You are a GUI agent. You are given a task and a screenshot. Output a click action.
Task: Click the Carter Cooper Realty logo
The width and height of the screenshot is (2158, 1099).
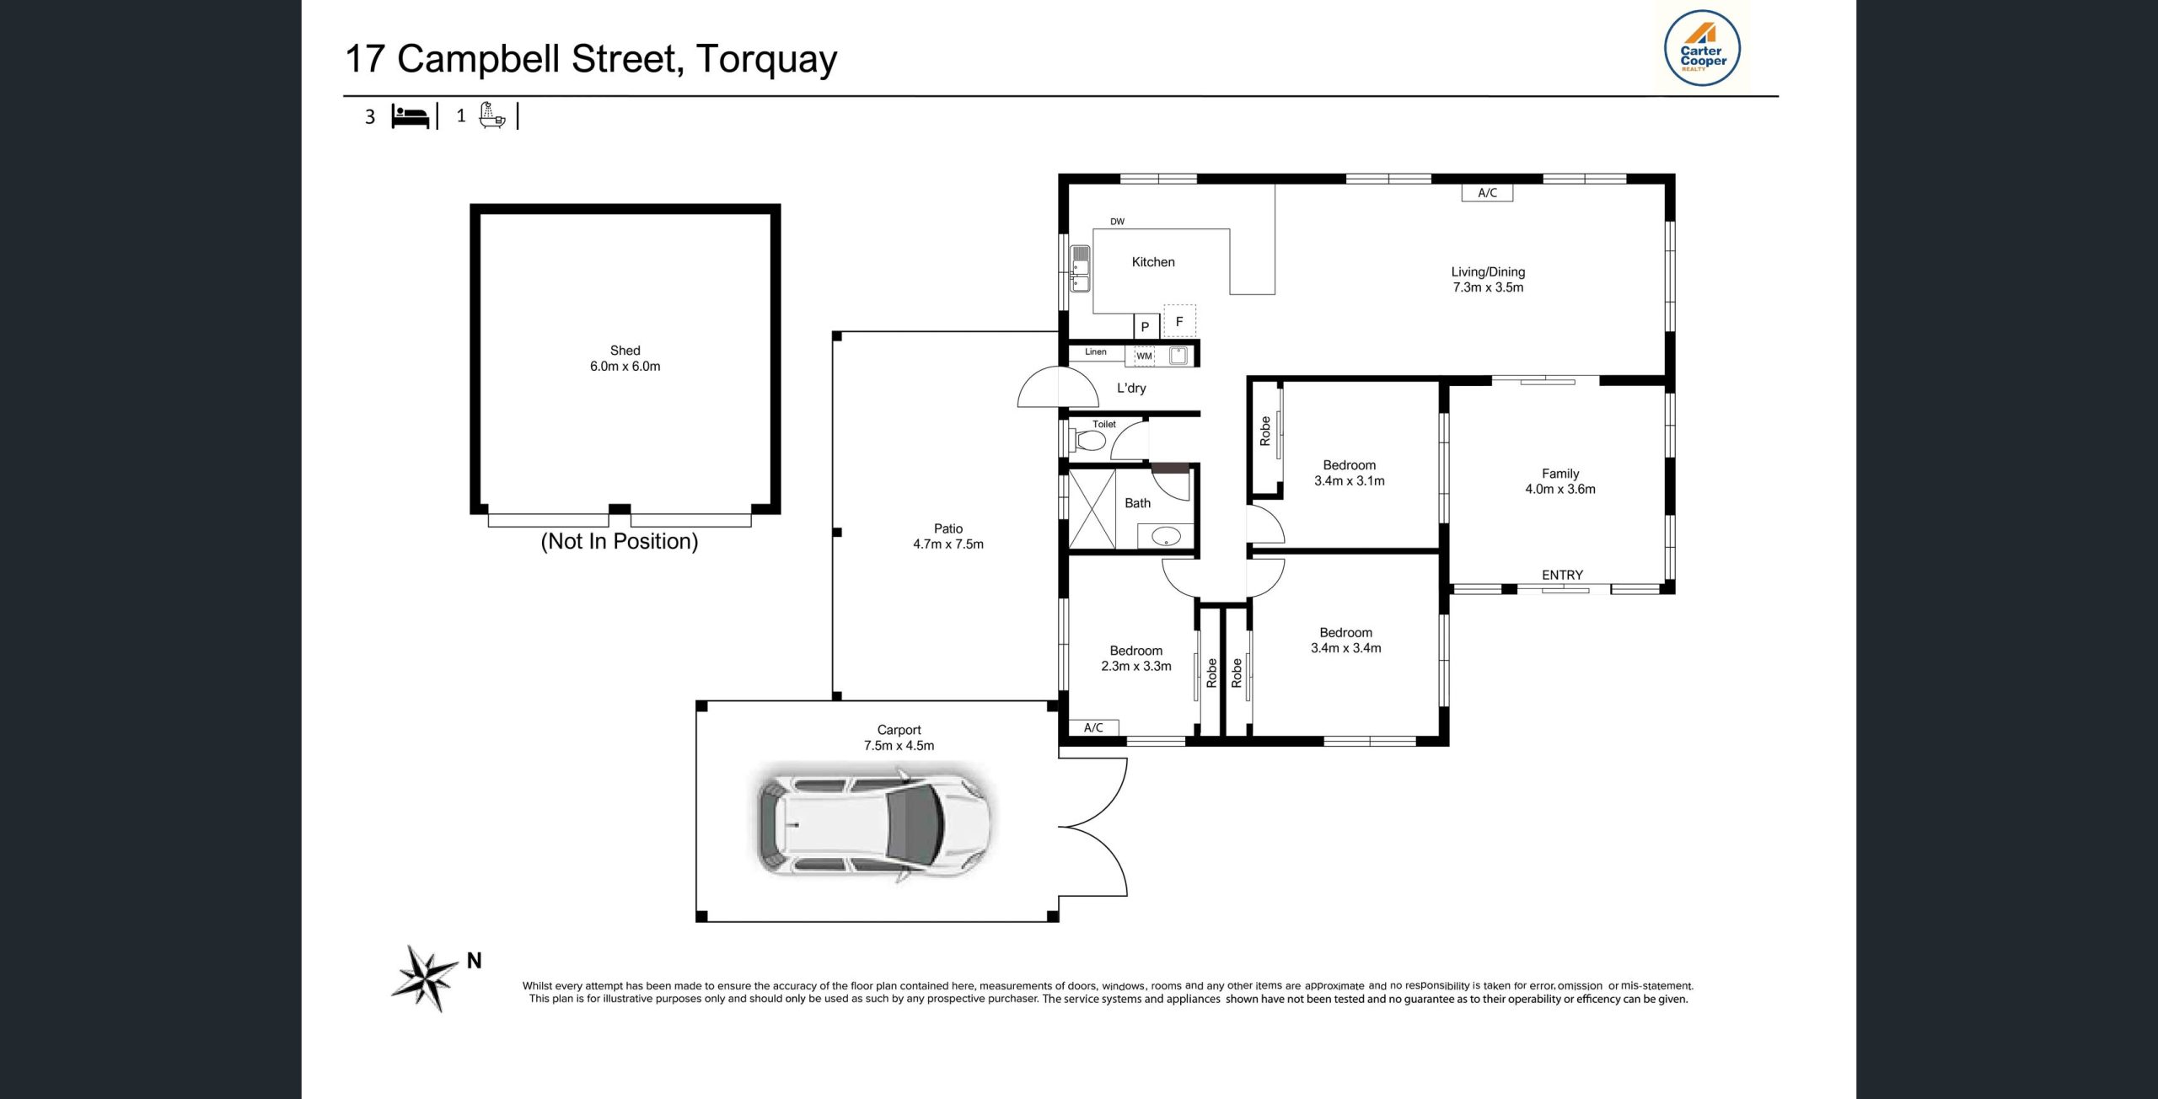point(1702,49)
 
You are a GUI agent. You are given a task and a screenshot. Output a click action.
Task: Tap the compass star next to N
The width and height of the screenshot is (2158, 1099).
point(425,978)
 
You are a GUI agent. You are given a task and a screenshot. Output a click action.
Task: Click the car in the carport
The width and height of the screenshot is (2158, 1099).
point(873,823)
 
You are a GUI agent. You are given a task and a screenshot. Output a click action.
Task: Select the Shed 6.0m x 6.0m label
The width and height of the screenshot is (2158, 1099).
point(625,358)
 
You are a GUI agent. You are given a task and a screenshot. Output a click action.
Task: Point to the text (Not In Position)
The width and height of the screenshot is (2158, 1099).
point(619,541)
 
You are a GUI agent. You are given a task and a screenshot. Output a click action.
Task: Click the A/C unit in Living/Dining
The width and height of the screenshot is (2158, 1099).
point(1487,193)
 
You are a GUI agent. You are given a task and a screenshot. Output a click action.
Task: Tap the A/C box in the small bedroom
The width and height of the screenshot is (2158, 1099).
point(1093,727)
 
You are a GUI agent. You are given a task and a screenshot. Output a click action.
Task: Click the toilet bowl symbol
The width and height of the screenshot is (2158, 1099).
point(1090,441)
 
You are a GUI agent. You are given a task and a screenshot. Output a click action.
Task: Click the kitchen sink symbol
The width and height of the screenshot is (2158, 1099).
point(1080,268)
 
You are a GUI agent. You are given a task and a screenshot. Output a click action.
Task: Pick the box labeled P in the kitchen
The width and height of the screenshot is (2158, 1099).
point(1145,326)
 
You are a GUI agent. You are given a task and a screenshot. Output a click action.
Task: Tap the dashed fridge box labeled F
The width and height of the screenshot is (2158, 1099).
point(1179,321)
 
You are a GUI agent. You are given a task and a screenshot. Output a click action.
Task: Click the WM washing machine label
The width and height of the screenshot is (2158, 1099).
point(1144,356)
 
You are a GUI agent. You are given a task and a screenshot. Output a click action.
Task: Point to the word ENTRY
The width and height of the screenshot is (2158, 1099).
point(1562,575)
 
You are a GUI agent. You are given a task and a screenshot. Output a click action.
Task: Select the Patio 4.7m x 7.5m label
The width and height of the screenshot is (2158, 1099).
point(947,536)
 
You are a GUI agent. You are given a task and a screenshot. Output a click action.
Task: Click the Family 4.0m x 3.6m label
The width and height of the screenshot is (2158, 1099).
point(1559,481)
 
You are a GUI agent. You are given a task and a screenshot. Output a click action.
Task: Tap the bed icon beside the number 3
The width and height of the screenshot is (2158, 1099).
point(411,116)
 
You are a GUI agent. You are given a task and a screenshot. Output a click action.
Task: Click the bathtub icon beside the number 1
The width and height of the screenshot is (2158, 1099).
point(491,115)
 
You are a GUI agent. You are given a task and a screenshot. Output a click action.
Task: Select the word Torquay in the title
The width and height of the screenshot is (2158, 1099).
point(766,59)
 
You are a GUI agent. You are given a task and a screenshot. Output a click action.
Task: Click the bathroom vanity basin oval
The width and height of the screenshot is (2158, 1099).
point(1166,535)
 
